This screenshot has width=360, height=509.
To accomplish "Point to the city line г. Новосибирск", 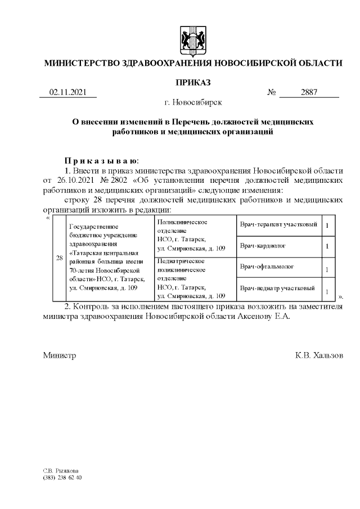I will pos(193,102).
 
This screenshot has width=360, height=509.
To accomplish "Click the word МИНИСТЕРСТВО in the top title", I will pos(82,63).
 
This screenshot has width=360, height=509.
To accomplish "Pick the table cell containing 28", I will pos(58,258).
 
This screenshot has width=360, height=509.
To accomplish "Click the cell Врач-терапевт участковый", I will pos(278,225).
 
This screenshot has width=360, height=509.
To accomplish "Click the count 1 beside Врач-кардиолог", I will pos(327,246).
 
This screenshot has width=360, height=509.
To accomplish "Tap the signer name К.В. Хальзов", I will pos(318,356).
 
